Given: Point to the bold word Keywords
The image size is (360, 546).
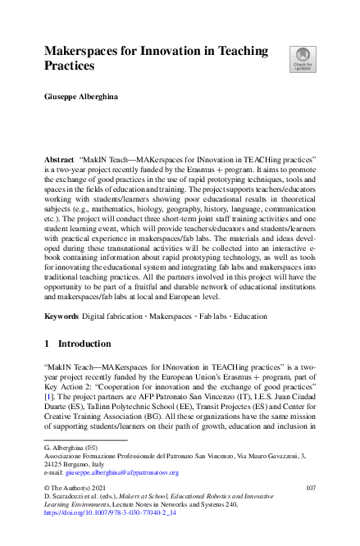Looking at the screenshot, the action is coord(62,316).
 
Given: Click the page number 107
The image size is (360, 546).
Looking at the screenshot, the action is coord(310,489).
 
